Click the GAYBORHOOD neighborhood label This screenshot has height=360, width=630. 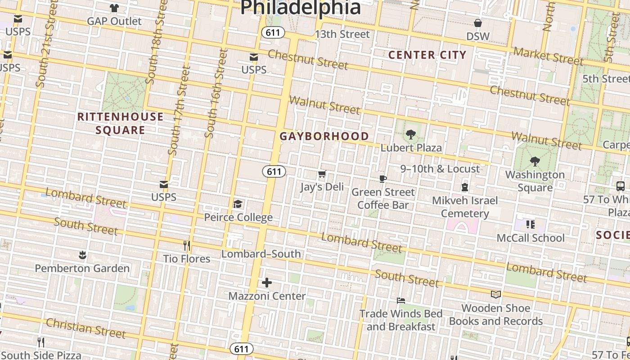click(324, 136)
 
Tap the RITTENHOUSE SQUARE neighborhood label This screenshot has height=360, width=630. click(120, 123)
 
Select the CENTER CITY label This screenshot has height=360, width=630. click(427, 55)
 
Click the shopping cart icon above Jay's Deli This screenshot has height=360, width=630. click(322, 174)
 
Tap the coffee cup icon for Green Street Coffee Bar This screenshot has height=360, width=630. click(382, 179)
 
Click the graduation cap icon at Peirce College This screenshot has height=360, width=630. click(238, 204)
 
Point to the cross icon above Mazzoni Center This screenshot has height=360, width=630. click(267, 283)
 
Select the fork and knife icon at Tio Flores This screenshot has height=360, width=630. click(187, 246)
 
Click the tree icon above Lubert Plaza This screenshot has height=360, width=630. click(410, 134)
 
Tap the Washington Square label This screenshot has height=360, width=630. click(535, 180)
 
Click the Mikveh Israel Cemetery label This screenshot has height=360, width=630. click(465, 207)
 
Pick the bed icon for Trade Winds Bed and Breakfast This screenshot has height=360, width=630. click(401, 300)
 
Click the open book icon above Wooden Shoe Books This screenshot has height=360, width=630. click(495, 294)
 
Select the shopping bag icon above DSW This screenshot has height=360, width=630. click(477, 23)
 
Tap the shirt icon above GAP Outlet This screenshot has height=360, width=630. click(114, 8)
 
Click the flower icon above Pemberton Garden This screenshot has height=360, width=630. click(82, 255)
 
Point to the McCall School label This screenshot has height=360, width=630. click(531, 238)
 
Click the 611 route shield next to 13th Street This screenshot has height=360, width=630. click(273, 32)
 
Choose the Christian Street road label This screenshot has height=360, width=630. click(85, 328)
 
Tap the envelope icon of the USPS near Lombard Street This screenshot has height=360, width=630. click(164, 184)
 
